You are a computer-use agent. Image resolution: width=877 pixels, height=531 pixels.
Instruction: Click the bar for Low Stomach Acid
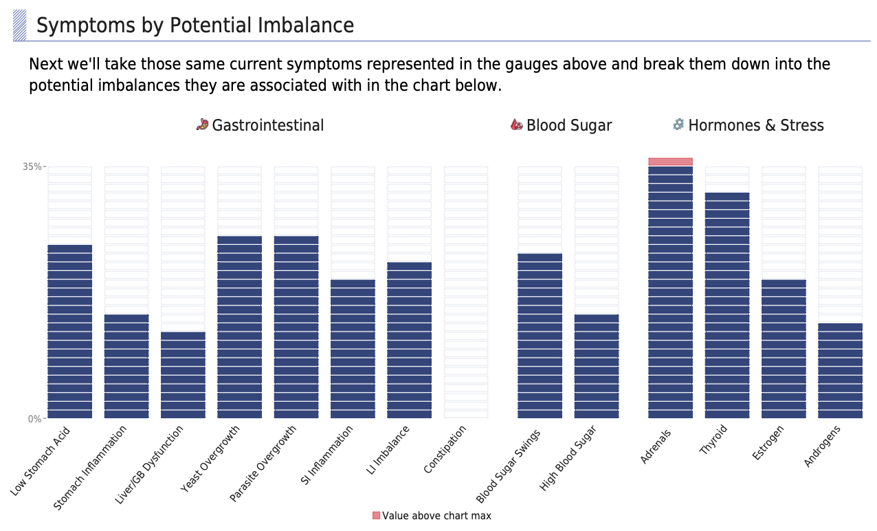pyautogui.click(x=69, y=332)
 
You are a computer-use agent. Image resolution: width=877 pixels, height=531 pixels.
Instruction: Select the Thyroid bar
pyautogui.click(x=727, y=305)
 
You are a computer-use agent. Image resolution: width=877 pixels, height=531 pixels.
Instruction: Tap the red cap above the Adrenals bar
pyautogui.click(x=670, y=162)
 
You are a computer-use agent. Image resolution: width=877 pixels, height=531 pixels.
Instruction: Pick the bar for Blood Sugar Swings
pyautogui.click(x=540, y=336)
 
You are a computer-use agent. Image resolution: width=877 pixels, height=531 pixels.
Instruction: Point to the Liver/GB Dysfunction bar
pyautogui.click(x=183, y=375)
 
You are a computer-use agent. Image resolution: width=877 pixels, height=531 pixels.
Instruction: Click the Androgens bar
pyautogui.click(x=840, y=371)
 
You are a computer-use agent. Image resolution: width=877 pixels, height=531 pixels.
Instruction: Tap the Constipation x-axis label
pyautogui.click(x=445, y=449)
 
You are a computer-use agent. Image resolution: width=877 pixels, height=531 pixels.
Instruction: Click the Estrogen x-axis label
pyautogui.click(x=768, y=443)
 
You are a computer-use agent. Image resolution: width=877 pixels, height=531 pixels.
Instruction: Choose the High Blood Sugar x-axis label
pyautogui.click(x=568, y=458)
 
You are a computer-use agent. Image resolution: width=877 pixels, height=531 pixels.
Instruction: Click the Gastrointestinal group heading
pyautogui.click(x=268, y=125)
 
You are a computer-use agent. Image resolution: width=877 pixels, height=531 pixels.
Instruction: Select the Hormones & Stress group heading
pyautogui.click(x=755, y=125)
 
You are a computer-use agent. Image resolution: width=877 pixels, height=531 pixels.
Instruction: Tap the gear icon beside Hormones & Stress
pyautogui.click(x=678, y=124)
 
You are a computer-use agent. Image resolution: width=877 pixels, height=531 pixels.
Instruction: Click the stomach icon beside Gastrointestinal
pyautogui.click(x=202, y=124)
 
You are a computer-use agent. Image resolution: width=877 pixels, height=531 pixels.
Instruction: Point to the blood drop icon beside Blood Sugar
pyautogui.click(x=517, y=124)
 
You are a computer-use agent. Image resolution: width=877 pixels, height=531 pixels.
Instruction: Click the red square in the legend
pyautogui.click(x=376, y=516)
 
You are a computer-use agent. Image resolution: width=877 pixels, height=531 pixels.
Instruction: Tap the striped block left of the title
pyautogui.click(x=20, y=25)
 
